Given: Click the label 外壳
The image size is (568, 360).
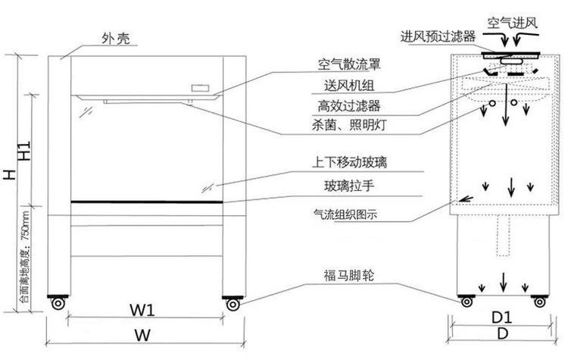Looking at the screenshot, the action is [116, 38].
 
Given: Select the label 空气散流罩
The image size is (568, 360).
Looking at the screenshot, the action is [349, 64].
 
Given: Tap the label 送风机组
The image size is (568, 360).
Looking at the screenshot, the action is [349, 86].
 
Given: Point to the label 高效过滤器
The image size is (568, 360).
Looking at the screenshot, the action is [349, 106].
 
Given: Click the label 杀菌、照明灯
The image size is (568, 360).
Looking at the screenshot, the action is [349, 125].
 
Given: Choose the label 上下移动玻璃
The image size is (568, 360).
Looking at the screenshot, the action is [349, 162].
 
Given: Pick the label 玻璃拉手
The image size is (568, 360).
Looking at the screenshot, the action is [349, 186].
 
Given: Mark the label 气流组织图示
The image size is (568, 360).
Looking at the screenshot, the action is [345, 214].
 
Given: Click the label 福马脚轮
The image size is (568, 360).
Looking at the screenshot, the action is [349, 276].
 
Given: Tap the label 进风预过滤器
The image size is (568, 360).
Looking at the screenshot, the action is [438, 36].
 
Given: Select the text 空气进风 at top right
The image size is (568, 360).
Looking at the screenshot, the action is [512, 23].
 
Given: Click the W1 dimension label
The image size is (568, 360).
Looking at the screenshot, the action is [142, 310].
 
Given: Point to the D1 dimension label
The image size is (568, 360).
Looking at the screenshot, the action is [501, 318].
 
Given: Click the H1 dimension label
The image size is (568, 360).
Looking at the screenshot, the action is [24, 151].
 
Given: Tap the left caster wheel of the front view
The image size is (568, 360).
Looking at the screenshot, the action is [58, 303].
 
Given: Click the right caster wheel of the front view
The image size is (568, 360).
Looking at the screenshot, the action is [233, 304].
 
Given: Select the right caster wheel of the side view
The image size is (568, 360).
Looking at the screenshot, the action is [539, 302].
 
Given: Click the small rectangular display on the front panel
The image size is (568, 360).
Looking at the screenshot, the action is [201, 88].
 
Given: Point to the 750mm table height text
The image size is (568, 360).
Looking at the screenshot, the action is [25, 257].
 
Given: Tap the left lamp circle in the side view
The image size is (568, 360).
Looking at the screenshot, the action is [492, 103].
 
